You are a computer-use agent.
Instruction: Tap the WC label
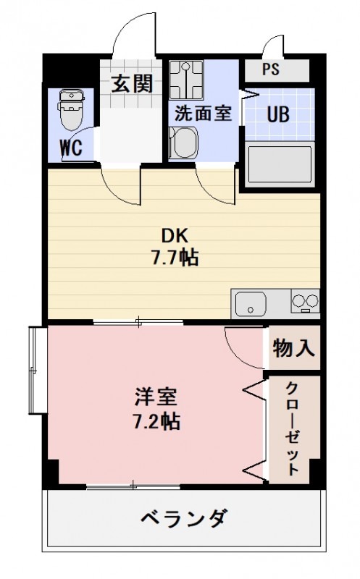coord(70,148)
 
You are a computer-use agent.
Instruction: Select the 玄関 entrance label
coord(132,84)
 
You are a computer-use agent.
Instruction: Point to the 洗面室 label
coord(204,114)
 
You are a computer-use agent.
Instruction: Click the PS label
coord(270,70)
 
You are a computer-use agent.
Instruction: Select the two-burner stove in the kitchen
coord(304,301)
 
